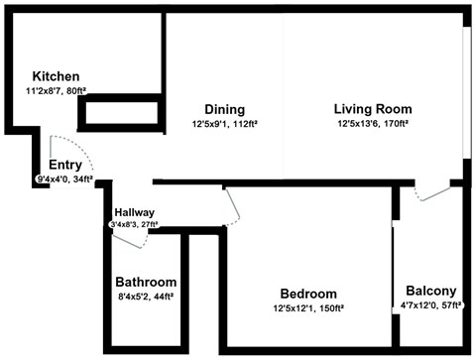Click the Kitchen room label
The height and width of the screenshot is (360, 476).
pos(56,76)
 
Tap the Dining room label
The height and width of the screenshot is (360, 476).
pos(224,109)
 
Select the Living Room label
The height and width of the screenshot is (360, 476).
pos(373,109)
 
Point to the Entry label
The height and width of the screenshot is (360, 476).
pos(65,165)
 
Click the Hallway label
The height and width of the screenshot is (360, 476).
pos(134,212)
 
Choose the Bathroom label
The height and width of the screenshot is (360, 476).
pos(146,282)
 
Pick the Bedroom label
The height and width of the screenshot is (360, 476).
pos(307,294)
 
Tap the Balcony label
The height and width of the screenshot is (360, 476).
pos(431,291)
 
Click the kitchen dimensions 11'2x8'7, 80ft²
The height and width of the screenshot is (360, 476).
pos(56,91)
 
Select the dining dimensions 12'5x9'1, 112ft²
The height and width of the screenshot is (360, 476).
pos(225,125)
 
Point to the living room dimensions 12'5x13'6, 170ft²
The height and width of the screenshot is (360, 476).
pos(373,125)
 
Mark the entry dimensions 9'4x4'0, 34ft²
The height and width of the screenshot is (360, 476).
pos(64,180)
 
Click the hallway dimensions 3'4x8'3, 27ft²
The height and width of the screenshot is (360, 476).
pos(134,225)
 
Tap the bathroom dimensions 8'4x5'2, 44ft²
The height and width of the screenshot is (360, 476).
pos(146,296)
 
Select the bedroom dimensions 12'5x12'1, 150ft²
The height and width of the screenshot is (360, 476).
pos(307,308)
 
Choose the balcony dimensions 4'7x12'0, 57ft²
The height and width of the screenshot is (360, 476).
pos(431,305)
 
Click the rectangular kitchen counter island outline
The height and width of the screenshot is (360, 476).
pos(119,113)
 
